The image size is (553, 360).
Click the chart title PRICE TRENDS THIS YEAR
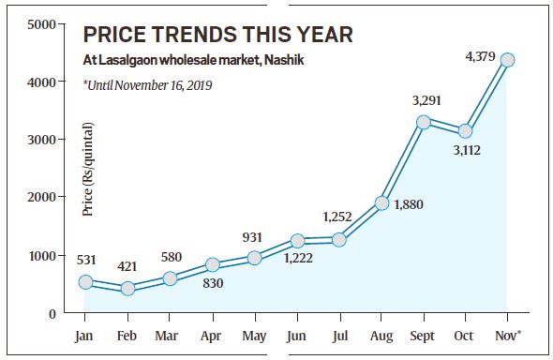[217, 36]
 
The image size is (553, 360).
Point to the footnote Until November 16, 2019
[148, 85]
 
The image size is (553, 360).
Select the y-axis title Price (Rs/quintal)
[87, 170]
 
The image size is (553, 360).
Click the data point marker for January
[85, 281]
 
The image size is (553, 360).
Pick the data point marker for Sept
[424, 122]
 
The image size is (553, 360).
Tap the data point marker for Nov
[507, 59]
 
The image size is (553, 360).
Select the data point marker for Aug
[381, 202]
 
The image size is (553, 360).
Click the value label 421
[127, 266]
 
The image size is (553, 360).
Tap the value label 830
[213, 284]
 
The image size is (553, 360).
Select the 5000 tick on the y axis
[37, 22]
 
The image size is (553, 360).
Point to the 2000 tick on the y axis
[37, 197]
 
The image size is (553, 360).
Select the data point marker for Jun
[297, 241]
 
